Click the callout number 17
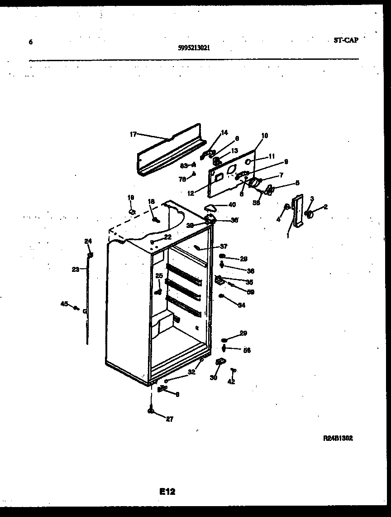tap(133, 134)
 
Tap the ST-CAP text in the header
tap(346, 40)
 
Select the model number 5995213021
tap(194, 47)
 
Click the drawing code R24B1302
tap(338, 438)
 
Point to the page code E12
tap(167, 491)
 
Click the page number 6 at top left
tap(31, 42)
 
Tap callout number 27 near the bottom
tap(169, 419)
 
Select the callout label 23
tap(75, 269)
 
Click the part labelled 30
tap(221, 362)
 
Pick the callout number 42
tap(231, 382)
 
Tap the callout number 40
tap(232, 205)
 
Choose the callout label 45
tap(65, 304)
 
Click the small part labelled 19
tap(132, 211)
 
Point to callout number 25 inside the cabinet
tap(159, 275)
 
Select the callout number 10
tap(264, 135)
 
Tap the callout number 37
tap(224, 246)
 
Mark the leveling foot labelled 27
tap(150, 411)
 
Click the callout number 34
tap(241, 305)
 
